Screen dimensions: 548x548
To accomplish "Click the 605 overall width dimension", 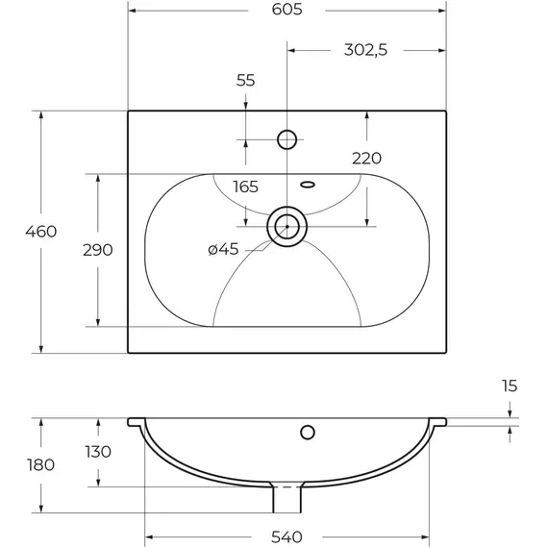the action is (x=286, y=10).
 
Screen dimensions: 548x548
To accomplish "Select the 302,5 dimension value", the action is (x=365, y=50).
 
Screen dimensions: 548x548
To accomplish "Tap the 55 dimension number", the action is (x=246, y=81).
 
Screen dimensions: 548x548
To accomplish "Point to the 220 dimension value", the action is (x=366, y=159).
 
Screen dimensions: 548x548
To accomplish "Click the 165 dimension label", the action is (x=246, y=187).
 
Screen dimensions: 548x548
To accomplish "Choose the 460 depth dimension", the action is (x=41, y=232).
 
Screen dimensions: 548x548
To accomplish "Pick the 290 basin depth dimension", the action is (x=98, y=250).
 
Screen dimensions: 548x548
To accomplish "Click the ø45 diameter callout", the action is (x=223, y=249).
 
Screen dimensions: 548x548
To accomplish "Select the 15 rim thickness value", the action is (x=510, y=386).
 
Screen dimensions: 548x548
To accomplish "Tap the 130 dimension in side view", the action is (x=98, y=452).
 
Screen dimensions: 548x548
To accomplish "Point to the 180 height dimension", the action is (x=41, y=464).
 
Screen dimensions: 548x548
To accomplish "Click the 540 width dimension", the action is (x=286, y=536).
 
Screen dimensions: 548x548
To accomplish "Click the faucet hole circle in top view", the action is (x=286, y=131).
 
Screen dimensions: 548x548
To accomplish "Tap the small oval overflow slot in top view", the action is (x=308, y=185).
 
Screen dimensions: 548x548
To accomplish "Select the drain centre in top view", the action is (x=286, y=227).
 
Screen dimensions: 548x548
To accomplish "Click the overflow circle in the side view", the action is (x=308, y=425).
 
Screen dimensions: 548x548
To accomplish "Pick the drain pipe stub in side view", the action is (x=286, y=500).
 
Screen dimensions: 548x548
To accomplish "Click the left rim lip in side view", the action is (x=137, y=422).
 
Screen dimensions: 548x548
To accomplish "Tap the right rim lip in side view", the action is (x=437, y=422).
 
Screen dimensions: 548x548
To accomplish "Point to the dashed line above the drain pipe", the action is (x=286, y=486).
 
